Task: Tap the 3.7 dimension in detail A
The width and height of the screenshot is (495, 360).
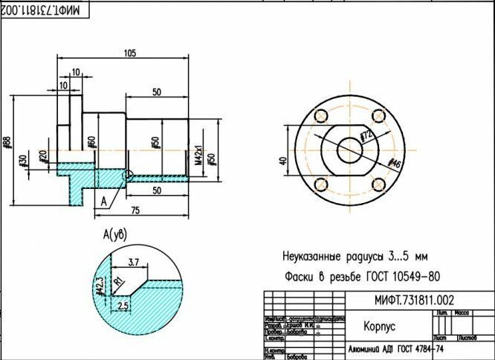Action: pyautogui.click(x=135, y=261)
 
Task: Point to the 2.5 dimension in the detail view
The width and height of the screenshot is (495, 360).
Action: pyautogui.click(x=125, y=305)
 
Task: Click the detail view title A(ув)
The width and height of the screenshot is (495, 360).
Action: pyautogui.click(x=115, y=235)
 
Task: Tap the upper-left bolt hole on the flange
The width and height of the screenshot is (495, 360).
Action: pyautogui.click(x=321, y=117)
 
